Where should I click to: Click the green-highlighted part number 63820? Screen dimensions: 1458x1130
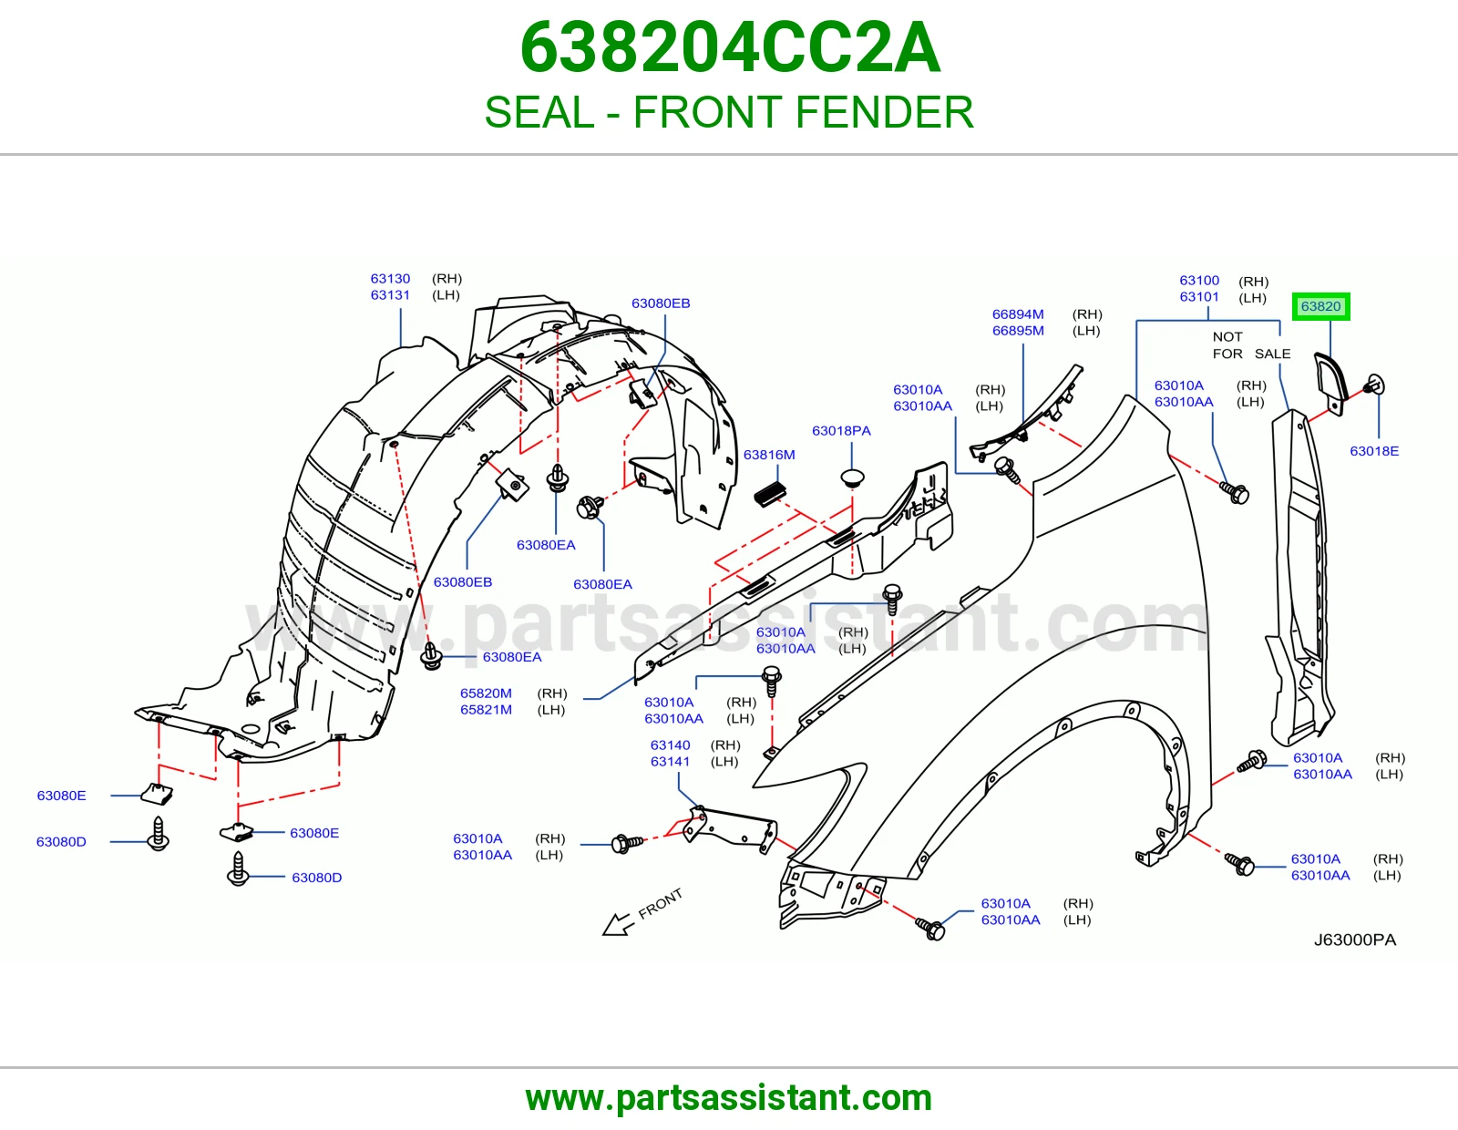[1320, 307]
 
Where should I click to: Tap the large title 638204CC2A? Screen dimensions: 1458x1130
[730, 47]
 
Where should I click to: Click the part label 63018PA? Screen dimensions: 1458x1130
[841, 431]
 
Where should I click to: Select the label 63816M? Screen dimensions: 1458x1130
[769, 455]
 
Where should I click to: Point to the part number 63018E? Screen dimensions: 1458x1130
[1374, 451]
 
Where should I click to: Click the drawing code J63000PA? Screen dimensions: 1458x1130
[1355, 940]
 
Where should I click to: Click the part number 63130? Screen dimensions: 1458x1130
[390, 279]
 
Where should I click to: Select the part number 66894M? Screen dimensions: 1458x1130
[1018, 314]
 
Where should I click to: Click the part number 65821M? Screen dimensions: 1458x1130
[486, 709]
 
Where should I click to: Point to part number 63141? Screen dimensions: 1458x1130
[670, 761]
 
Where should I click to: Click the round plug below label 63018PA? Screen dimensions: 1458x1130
[852, 478]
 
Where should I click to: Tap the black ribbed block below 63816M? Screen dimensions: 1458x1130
[770, 495]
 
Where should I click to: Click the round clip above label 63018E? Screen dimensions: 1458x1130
[1374, 385]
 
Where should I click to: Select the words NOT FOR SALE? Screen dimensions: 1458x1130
[1251, 344]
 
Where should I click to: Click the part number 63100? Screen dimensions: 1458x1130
[1199, 281]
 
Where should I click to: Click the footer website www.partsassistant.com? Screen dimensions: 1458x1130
[729, 1098]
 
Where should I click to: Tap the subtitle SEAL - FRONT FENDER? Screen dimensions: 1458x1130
[729, 112]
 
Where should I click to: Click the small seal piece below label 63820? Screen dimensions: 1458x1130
[1330, 384]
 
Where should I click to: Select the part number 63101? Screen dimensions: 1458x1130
[1199, 296]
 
